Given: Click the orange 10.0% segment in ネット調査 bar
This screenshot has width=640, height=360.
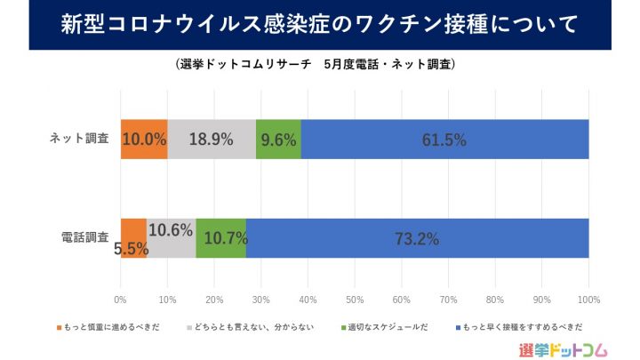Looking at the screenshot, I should tap(144, 139).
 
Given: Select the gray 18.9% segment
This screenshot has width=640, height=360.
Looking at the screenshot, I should tap(212, 139).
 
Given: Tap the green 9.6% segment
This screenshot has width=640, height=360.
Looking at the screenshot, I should tap(278, 139).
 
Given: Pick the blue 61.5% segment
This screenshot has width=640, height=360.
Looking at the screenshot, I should tap(444, 139).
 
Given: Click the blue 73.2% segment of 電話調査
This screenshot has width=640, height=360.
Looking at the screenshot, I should tap(418, 238).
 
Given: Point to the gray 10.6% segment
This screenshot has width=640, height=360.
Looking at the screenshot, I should tap(171, 238).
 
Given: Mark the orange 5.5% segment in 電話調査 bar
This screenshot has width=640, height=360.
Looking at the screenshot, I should tap(133, 238).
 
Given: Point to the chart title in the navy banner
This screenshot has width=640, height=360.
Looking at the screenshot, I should tap(320, 24).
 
